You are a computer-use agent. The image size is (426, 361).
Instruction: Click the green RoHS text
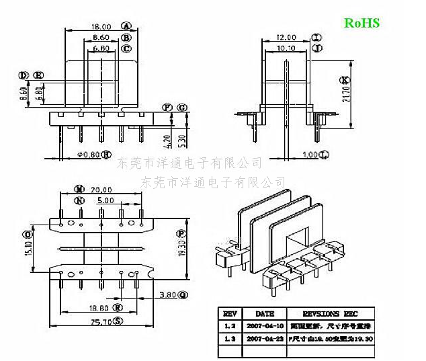(x=362, y=23)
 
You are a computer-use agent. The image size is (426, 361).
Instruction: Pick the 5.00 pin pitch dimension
(x=104, y=200)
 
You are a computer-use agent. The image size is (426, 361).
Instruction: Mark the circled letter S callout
(x=118, y=321)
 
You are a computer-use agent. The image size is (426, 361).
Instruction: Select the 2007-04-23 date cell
(x=264, y=340)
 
